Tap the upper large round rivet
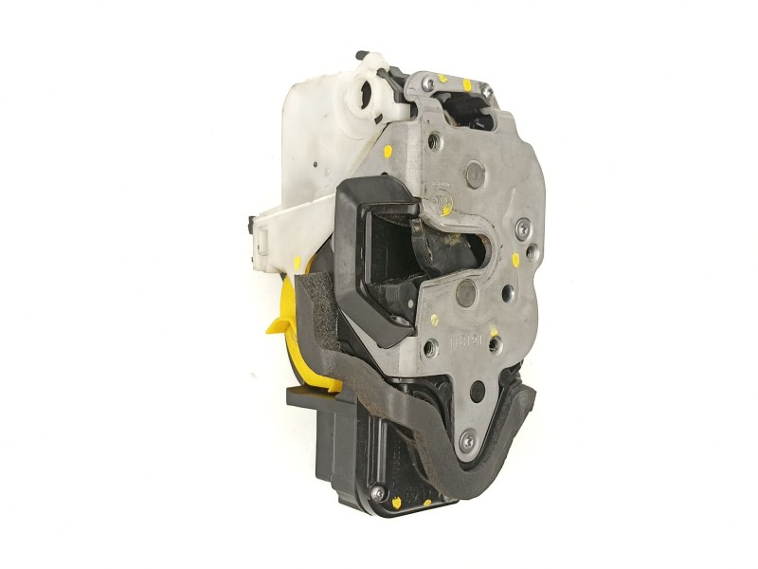pyautogui.click(x=474, y=174)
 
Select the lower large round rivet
pyautogui.click(x=465, y=292)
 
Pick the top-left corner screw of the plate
pyautogui.click(x=428, y=84)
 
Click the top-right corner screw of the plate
pyautogui.click(x=486, y=90)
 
